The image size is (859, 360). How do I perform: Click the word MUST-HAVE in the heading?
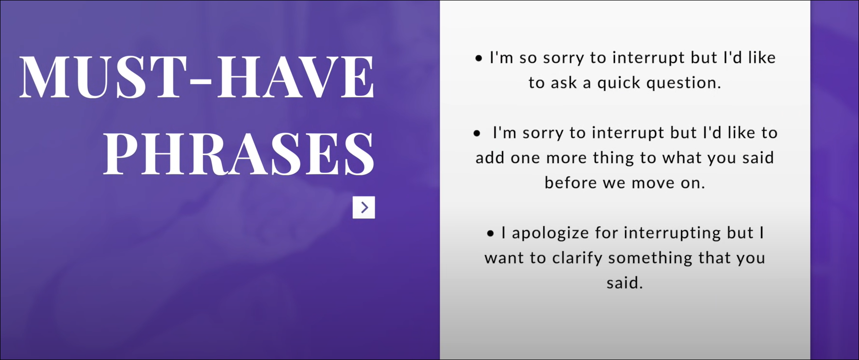click(x=197, y=77)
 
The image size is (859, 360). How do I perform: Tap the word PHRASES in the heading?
click(x=239, y=153)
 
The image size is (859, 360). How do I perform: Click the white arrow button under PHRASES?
click(x=364, y=207)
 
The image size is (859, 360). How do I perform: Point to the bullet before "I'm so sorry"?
click(x=478, y=59)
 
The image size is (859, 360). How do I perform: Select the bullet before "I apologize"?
click(x=490, y=234)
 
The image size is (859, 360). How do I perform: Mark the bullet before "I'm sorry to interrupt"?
click(x=477, y=134)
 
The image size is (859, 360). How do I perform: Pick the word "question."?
click(x=684, y=83)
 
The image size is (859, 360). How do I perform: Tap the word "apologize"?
click(x=551, y=233)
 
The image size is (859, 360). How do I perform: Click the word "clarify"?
click(x=577, y=258)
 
